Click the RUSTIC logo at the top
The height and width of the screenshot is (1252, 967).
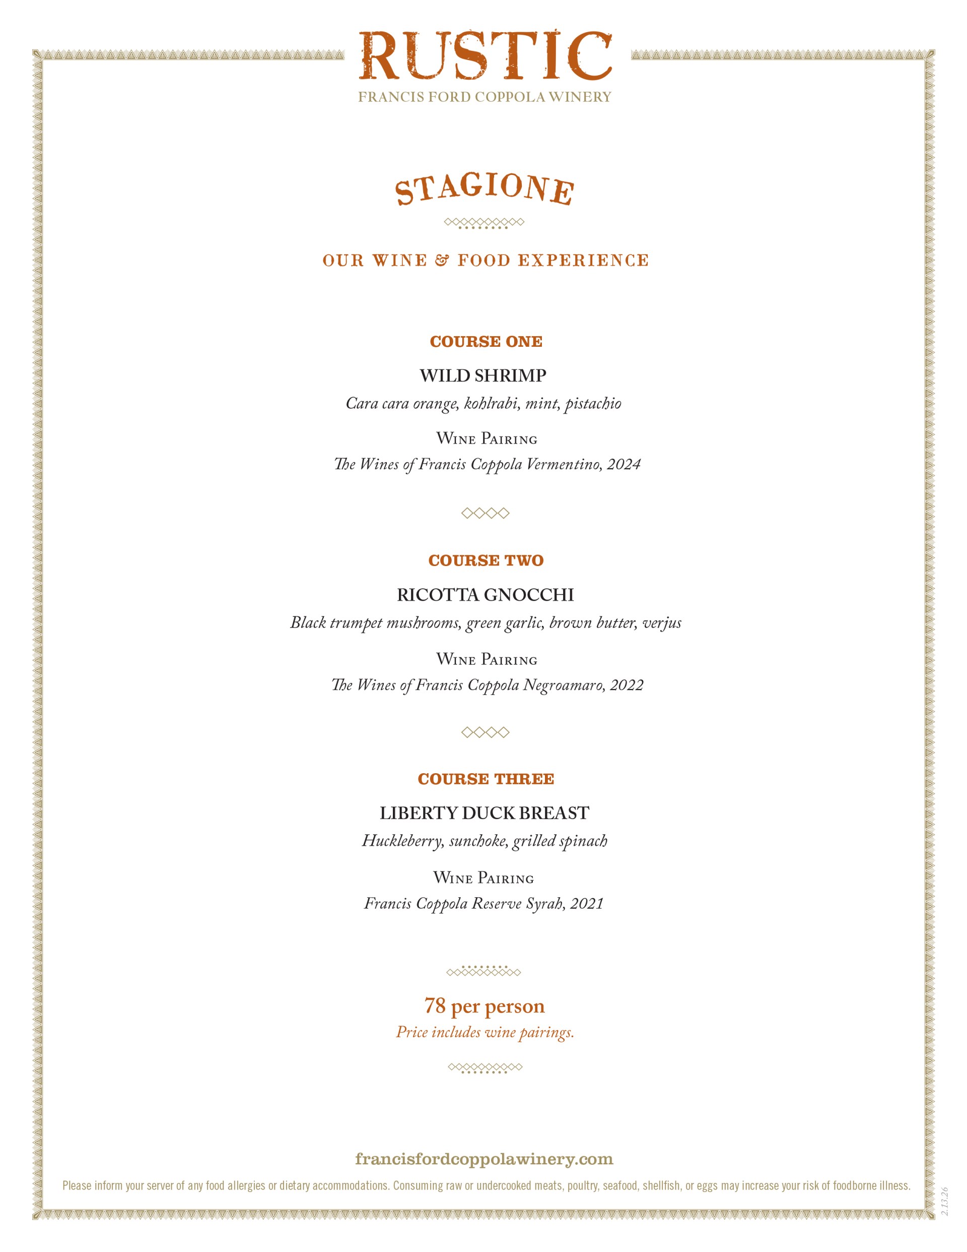pyautogui.click(x=485, y=56)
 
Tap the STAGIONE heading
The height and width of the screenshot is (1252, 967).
pyautogui.click(x=484, y=189)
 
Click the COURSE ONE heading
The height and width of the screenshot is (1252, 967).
pyautogui.click(x=486, y=342)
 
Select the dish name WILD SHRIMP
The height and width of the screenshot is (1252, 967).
pyautogui.click(x=483, y=375)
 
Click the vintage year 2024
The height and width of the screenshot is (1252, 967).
pyautogui.click(x=624, y=464)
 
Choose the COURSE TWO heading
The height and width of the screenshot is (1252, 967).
pyautogui.click(x=486, y=560)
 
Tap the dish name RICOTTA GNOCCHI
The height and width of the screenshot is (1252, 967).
pyautogui.click(x=485, y=595)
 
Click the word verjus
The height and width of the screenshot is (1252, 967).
pyautogui.click(x=662, y=623)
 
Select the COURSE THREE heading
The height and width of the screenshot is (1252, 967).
pyautogui.click(x=486, y=779)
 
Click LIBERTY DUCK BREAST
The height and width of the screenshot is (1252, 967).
pyautogui.click(x=484, y=813)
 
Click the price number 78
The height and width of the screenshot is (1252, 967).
pyautogui.click(x=435, y=1006)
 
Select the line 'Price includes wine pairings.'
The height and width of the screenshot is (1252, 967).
pyautogui.click(x=485, y=1032)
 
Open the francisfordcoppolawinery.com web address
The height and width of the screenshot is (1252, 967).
pyautogui.click(x=484, y=1159)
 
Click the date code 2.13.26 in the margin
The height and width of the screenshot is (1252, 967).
pyautogui.click(x=945, y=1202)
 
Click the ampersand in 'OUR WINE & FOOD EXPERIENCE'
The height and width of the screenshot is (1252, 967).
pyautogui.click(x=442, y=261)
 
